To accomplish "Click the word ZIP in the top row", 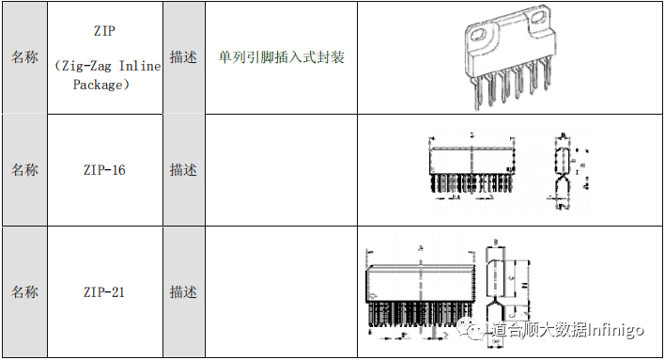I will pyautogui.click(x=103, y=30).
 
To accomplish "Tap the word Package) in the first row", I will pyautogui.click(x=100, y=85).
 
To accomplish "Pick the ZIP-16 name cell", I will pyautogui.click(x=103, y=170).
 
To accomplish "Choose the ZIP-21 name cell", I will pyautogui.click(x=103, y=292).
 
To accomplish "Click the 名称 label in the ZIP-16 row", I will pyautogui.click(x=24, y=170).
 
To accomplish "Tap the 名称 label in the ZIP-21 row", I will pyautogui.click(x=24, y=292).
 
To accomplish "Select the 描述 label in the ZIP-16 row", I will pyautogui.click(x=183, y=170).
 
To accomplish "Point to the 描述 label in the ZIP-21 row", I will pyautogui.click(x=183, y=292).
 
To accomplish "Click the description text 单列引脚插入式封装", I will pyautogui.click(x=281, y=57).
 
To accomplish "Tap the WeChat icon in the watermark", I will pyautogui.click(x=479, y=330).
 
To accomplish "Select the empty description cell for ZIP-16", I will pyautogui.click(x=281, y=170).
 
